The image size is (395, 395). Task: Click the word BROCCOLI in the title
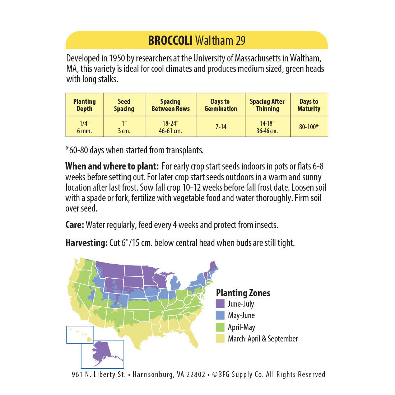coord(170,41)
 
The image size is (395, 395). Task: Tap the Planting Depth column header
coord(84,105)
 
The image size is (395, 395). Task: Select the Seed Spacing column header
coord(124,105)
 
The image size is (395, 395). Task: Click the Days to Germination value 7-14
coord(221,127)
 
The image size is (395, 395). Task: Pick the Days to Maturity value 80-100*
coord(309,127)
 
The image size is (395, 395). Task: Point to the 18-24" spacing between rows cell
coord(170,127)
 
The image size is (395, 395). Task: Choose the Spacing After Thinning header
coord(267,105)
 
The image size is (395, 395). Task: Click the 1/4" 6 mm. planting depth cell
coord(84,127)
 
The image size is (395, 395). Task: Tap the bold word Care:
coord(75,225)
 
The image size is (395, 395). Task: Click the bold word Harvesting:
coord(87,243)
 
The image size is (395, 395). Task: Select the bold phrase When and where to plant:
coord(112,167)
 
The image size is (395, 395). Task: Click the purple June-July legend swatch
coord(220,304)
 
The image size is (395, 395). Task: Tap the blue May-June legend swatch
coord(220,315)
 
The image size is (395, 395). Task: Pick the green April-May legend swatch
coord(220,327)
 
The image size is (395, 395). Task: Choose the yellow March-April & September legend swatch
coord(220,339)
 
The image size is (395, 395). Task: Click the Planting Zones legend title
coord(243,293)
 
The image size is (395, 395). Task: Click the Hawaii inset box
coord(80,334)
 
